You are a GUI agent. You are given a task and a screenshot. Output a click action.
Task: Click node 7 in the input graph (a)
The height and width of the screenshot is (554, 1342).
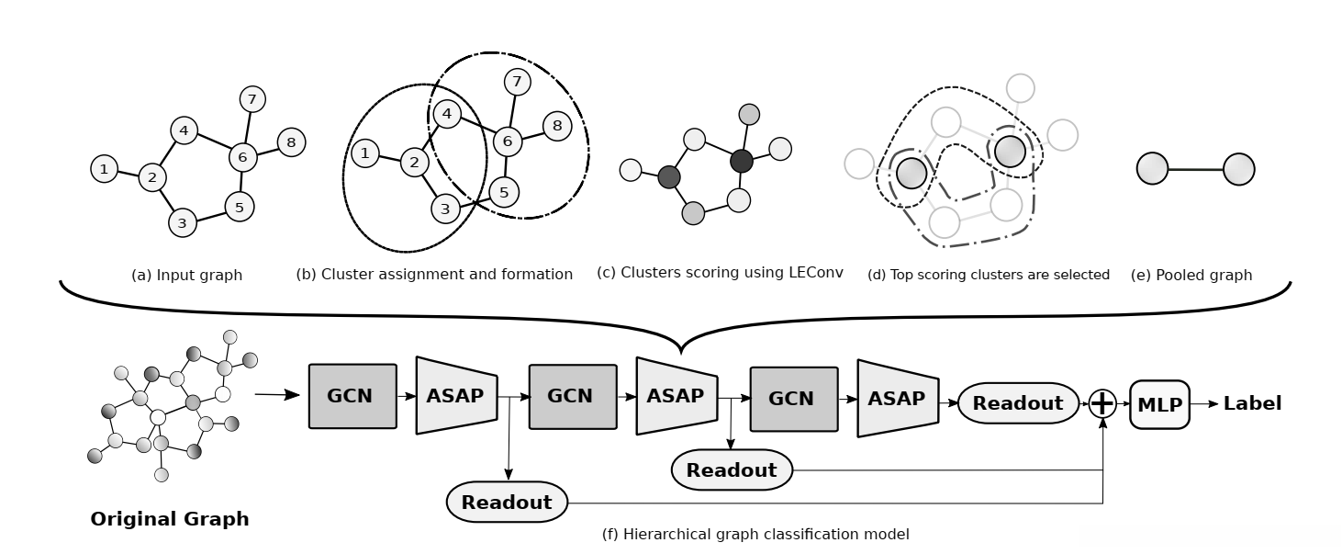(252, 98)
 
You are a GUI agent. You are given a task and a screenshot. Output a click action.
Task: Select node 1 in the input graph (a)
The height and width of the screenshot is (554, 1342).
(105, 168)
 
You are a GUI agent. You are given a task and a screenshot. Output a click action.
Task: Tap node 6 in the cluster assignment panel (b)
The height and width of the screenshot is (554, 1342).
(508, 141)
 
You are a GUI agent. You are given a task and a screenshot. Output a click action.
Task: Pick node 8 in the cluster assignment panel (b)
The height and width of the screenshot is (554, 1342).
(557, 126)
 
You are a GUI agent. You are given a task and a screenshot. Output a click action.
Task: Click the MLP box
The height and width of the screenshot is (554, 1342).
(1159, 404)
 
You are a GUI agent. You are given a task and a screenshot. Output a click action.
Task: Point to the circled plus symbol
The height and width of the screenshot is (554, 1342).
(1102, 404)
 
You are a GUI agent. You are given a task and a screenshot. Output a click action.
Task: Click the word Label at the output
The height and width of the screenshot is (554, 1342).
(1252, 403)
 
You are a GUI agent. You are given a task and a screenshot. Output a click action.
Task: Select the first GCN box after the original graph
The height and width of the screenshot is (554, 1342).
(352, 396)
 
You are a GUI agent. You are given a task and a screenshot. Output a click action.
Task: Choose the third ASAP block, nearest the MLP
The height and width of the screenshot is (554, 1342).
(897, 399)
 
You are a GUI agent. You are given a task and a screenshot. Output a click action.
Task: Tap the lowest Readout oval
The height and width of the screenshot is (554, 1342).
(507, 503)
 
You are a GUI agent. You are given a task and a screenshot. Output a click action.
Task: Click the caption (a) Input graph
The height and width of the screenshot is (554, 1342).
(187, 275)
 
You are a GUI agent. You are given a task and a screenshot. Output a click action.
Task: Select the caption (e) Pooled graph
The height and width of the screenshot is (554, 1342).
(1191, 275)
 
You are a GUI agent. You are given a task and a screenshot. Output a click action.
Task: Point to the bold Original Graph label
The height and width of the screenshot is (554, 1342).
(170, 519)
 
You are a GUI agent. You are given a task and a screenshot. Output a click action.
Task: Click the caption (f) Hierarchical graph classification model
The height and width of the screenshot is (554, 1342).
(755, 534)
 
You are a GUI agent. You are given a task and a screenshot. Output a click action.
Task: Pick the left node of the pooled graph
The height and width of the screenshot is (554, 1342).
(1152, 169)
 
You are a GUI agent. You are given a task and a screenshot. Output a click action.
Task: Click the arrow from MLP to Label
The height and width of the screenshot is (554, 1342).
(1204, 404)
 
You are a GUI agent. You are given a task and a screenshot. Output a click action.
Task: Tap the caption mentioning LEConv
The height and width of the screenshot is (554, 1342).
(720, 273)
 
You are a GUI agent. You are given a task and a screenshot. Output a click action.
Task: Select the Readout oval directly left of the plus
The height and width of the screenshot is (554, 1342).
(1018, 403)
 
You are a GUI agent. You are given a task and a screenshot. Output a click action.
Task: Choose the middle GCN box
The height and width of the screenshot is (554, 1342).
(573, 397)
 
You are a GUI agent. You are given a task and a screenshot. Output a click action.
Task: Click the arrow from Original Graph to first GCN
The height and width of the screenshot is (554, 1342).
(277, 396)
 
